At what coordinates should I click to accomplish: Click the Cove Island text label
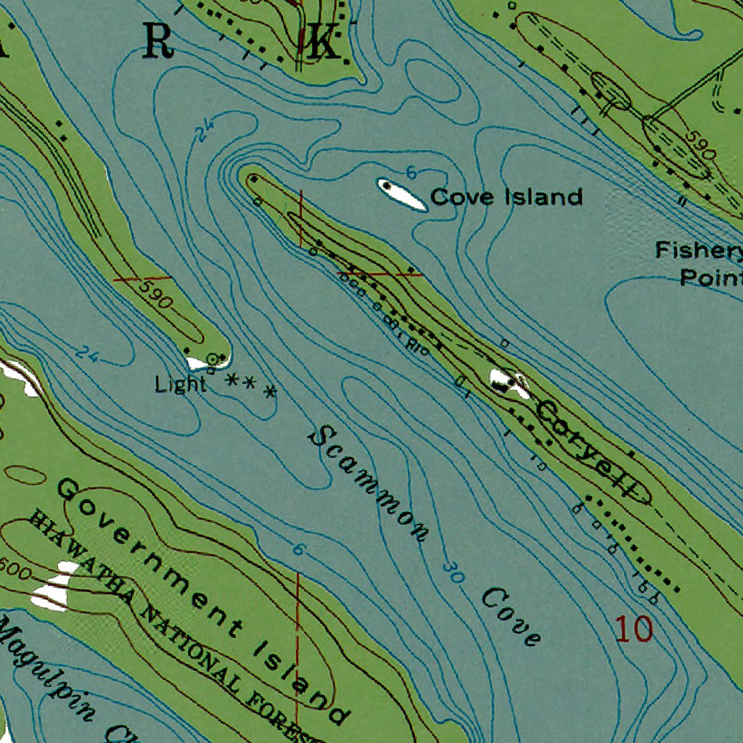[506, 197]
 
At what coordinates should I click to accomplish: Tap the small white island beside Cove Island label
[401, 194]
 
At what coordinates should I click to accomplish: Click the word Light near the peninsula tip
[181, 385]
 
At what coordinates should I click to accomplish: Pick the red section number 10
[634, 629]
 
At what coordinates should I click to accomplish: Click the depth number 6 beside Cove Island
[411, 173]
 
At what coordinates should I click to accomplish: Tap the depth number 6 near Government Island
[297, 550]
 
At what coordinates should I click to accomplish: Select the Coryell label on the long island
[592, 451]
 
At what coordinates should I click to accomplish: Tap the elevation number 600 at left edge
[15, 570]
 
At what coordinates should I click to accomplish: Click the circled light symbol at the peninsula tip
[212, 358]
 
